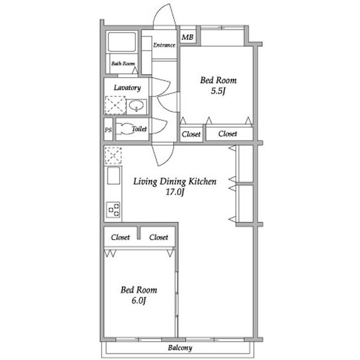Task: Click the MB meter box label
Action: pyautogui.click(x=187, y=37)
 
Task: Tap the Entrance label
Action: pyautogui.click(x=164, y=45)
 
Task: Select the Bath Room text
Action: pyautogui.click(x=123, y=64)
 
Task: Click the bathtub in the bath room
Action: pyautogui.click(x=121, y=42)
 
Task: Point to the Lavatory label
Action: pyautogui.click(x=127, y=88)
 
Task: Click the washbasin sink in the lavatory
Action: pyautogui.click(x=136, y=106)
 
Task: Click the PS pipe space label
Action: pyautogui.click(x=108, y=130)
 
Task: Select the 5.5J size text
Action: pyautogui.click(x=218, y=91)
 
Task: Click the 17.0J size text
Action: pyautogui.click(x=175, y=192)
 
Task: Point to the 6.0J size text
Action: pyautogui.click(x=139, y=300)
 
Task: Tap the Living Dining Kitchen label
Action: pyautogui.click(x=175, y=181)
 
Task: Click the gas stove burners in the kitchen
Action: pyautogui.click(x=114, y=210)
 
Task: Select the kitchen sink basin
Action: pyautogui.click(x=114, y=175)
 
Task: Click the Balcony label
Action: pyautogui.click(x=180, y=348)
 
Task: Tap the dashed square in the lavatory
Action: pyautogui.click(x=115, y=105)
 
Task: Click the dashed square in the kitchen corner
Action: pyautogui.click(x=113, y=155)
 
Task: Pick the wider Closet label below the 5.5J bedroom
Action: pyautogui.click(x=227, y=133)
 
